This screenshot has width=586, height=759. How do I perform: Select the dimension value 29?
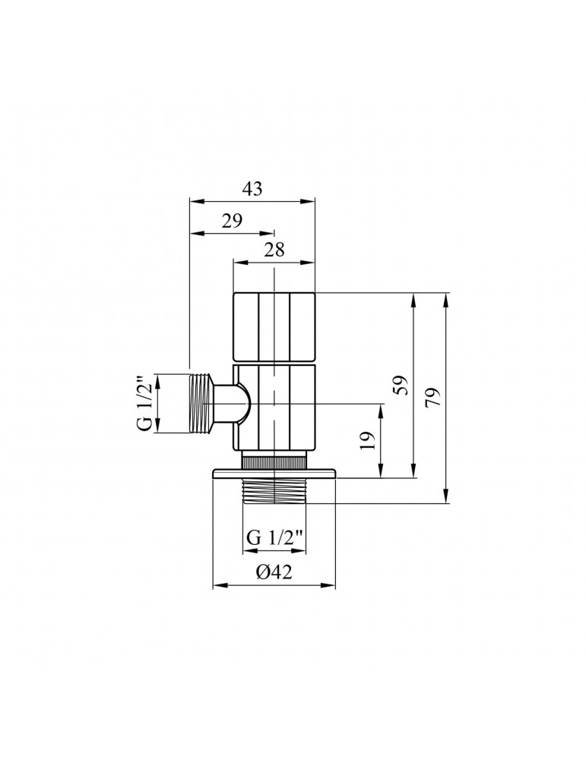click(x=232, y=221)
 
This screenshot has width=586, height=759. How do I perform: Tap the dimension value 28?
click(x=274, y=252)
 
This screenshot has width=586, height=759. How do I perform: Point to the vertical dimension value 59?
click(x=402, y=386)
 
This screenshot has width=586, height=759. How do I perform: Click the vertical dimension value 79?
click(x=434, y=398)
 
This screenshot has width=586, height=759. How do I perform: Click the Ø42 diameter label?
click(x=274, y=574)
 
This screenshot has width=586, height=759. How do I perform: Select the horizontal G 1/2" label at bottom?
click(x=274, y=537)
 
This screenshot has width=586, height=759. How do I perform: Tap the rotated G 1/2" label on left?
click(x=144, y=403)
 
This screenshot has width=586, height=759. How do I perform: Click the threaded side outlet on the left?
click(x=201, y=403)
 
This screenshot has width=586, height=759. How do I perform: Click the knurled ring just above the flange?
click(x=274, y=461)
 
